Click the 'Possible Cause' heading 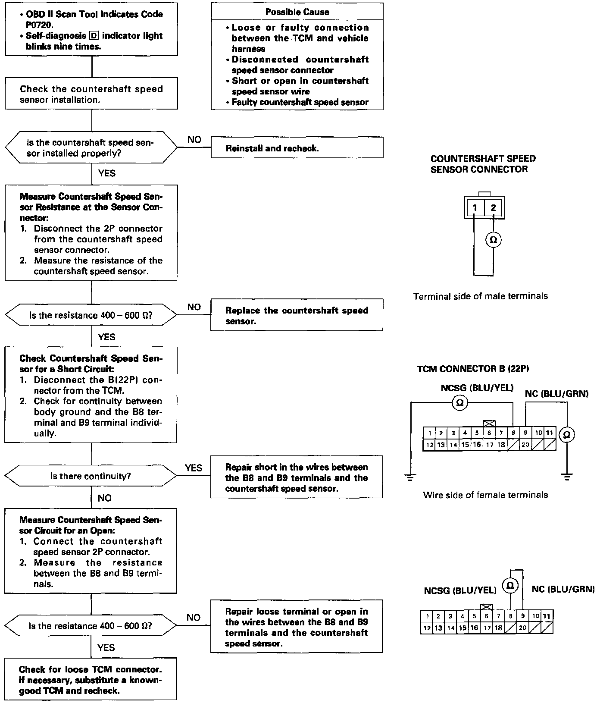[x=297, y=12]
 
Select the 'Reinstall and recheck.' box [x=297, y=148]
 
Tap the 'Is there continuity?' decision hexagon [x=91, y=476]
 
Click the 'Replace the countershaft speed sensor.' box [x=297, y=315]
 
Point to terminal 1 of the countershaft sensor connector [x=475, y=208]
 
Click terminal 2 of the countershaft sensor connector [x=494, y=208]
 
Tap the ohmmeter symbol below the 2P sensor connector [x=494, y=240]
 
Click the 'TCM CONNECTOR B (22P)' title [x=473, y=369]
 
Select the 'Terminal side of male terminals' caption [x=481, y=296]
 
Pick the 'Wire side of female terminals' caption [x=485, y=495]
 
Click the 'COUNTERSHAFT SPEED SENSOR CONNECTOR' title [x=483, y=164]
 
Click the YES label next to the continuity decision [x=194, y=468]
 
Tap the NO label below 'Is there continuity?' [x=105, y=498]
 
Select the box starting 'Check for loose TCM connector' [x=91, y=680]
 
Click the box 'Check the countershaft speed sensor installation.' [x=91, y=94]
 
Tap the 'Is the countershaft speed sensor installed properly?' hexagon [x=91, y=148]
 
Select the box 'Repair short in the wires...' [x=297, y=477]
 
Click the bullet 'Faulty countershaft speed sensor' [x=300, y=102]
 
